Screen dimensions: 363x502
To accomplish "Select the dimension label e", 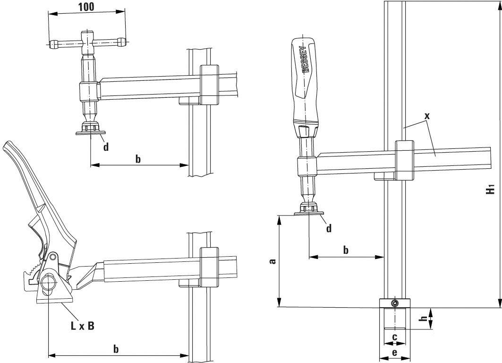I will point(395,353).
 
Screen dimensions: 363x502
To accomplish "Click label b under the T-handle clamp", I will point(138,159).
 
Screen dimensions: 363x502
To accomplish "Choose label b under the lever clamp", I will point(116,349).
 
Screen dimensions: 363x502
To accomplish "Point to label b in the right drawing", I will point(346,250).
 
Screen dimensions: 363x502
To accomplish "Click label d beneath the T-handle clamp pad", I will point(106,147).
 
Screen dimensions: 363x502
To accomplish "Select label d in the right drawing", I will point(329,228).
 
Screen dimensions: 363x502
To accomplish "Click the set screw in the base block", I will point(395,303).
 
